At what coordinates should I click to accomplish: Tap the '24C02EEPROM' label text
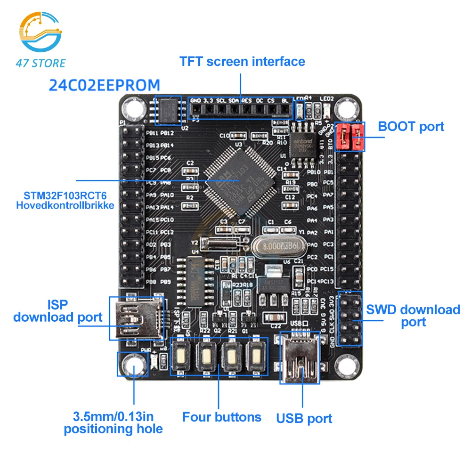(x=105, y=85)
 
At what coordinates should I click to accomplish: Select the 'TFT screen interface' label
(x=242, y=62)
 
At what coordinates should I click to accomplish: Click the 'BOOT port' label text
(x=411, y=127)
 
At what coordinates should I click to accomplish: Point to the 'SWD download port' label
(x=413, y=316)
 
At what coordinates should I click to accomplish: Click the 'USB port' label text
(x=304, y=418)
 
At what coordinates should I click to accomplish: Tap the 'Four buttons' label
(x=221, y=417)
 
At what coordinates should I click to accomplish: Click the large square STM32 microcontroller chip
(x=240, y=181)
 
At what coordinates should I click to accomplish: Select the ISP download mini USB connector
(x=137, y=318)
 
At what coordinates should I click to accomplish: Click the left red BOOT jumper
(x=344, y=136)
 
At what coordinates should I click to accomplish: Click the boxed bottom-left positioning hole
(x=132, y=365)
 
